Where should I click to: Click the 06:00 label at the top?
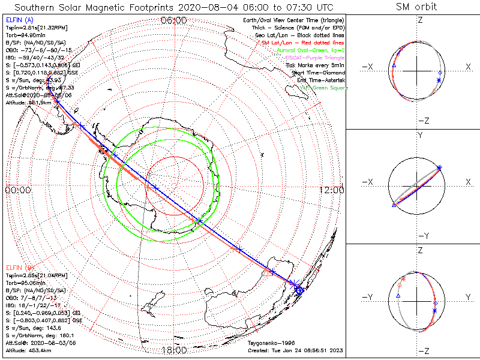pyautogui.click(x=175, y=20)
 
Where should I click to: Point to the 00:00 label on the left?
pyautogui.click(x=17, y=190)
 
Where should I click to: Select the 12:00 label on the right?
pyautogui.click(x=331, y=190)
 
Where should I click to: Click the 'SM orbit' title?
pyautogui.click(x=416, y=7)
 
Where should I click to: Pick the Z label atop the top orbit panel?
pyautogui.click(x=420, y=20)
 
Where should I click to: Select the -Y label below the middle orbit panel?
pyautogui.click(x=420, y=235)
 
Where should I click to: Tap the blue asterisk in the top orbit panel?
pyautogui.click(x=439, y=80)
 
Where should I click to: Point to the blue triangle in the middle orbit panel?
pyautogui.click(x=394, y=205)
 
